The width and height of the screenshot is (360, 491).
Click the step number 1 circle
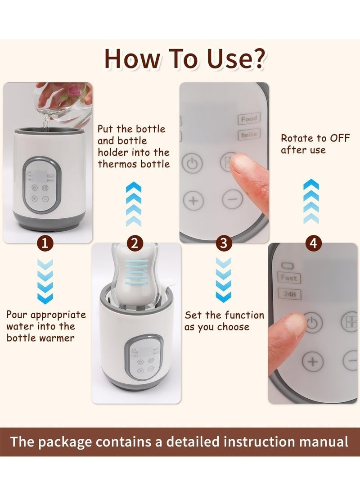pos(45,244)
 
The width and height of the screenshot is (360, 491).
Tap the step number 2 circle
pos(134,244)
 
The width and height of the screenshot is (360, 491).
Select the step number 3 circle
pos(224,244)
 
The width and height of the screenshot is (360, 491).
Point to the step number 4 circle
pos(314,244)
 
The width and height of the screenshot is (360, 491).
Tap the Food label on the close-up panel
pos(249,119)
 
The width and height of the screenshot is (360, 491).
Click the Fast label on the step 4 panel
pos(288,278)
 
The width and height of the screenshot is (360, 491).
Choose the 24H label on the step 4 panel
pos(288,295)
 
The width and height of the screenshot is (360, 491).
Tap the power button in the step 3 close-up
pos(192,163)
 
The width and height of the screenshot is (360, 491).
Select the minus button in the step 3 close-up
pos(232,200)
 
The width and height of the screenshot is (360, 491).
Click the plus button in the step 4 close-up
pos(313,361)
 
